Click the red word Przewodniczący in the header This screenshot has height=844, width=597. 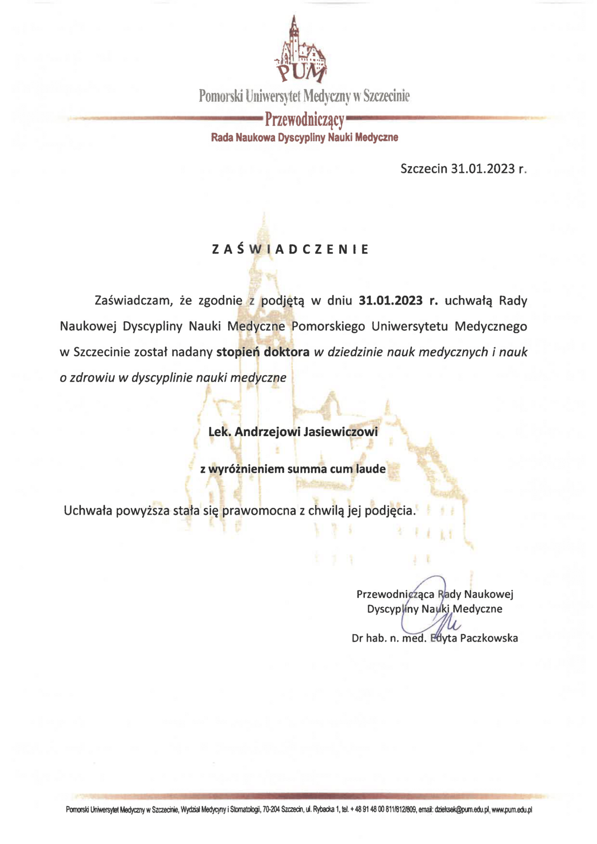click(x=304, y=120)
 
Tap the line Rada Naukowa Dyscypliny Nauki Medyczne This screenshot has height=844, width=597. click(x=304, y=138)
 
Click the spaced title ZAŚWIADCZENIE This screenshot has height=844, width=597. click(x=290, y=249)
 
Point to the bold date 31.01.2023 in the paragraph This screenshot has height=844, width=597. click(x=390, y=300)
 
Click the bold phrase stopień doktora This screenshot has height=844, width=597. click(x=263, y=352)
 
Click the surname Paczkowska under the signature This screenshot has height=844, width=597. click(x=489, y=638)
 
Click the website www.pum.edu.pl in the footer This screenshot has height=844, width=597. click(x=512, y=810)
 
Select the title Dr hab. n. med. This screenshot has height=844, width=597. click(x=389, y=638)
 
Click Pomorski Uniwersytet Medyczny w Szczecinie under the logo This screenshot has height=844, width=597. click(x=304, y=96)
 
